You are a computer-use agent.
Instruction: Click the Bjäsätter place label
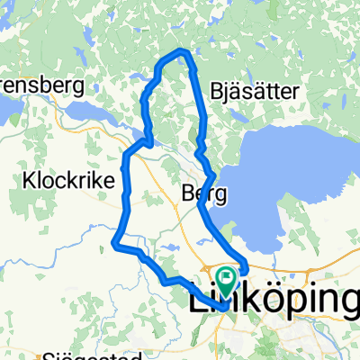[x=249, y=91]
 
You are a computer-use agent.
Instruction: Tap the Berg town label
[x=202, y=193]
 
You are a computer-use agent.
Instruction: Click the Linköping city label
[x=274, y=301]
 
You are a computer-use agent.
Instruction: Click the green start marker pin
[x=225, y=277]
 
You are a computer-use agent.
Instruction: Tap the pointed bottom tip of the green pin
[x=225, y=290]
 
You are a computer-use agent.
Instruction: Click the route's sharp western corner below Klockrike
[x=115, y=240]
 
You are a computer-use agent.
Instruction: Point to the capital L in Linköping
[x=197, y=300]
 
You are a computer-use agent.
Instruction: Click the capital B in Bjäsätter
[x=215, y=90]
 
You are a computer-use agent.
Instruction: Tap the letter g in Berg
[x=219, y=195]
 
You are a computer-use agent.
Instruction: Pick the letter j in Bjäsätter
[x=226, y=92]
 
